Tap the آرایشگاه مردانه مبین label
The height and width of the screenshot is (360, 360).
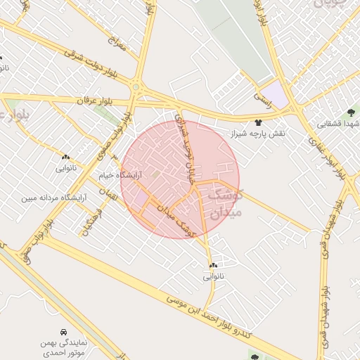pyautogui.click(x=53, y=198)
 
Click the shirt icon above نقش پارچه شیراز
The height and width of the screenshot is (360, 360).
pyautogui.click(x=259, y=122)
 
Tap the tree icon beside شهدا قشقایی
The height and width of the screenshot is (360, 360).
pyautogui.click(x=351, y=112)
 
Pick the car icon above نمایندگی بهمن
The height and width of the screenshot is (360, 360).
pyautogui.click(x=64, y=330)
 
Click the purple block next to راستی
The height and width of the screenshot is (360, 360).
pyautogui.click(x=278, y=94)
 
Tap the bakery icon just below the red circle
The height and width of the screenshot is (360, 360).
pyautogui.click(x=213, y=265)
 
